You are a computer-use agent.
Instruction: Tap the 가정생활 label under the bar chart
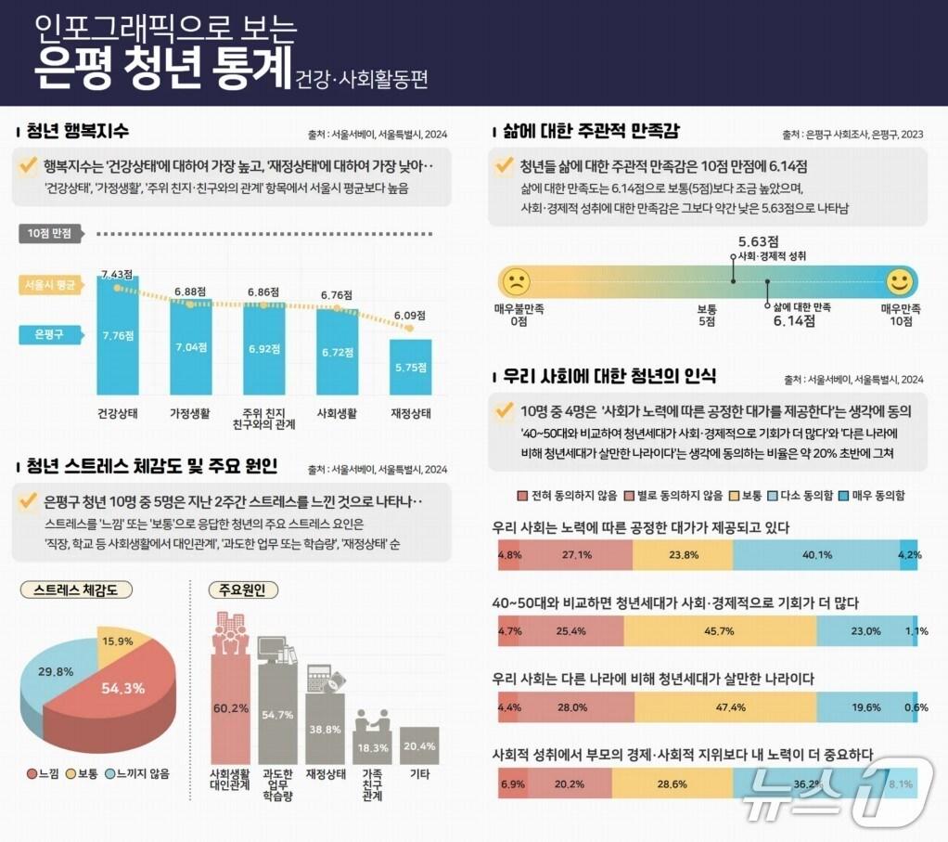click(190, 412)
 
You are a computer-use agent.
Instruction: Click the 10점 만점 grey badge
click(50, 234)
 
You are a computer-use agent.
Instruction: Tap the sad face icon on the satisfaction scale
click(515, 281)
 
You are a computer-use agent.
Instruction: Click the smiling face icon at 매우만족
click(898, 281)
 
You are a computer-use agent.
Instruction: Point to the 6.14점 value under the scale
click(793, 321)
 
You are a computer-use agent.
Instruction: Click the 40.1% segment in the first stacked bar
click(816, 555)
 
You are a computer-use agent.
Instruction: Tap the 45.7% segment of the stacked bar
click(719, 631)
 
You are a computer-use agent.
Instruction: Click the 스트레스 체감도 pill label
click(76, 589)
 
